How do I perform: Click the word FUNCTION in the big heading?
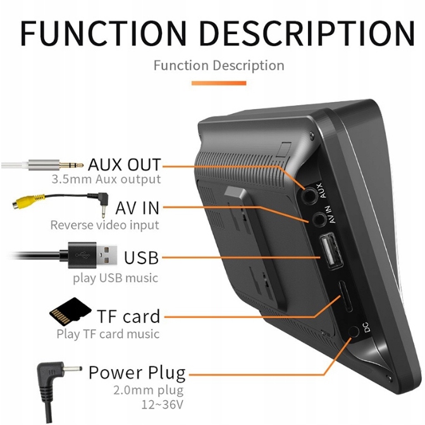[x=104, y=33]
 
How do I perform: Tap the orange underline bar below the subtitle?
[x=219, y=83]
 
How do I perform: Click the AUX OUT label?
[x=125, y=164]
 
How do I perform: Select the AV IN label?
[x=137, y=208]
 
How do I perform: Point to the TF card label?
[x=128, y=316]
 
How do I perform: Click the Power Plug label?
[x=137, y=373]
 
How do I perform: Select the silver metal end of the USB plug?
[x=107, y=255]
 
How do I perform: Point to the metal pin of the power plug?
[x=73, y=369]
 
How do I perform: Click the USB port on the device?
[x=331, y=252]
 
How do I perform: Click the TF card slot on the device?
[x=345, y=296]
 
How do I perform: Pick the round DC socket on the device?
[x=354, y=332]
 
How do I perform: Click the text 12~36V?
[x=163, y=405]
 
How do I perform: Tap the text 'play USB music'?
[x=116, y=278]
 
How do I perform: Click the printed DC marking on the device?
[x=366, y=327]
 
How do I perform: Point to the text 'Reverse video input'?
[x=104, y=225]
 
